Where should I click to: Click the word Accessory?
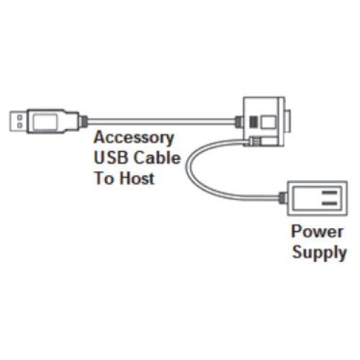[134, 137]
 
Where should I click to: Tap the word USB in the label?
[109, 157]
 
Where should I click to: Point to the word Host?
[136, 177]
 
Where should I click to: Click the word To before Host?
[105, 177]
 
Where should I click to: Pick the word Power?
[318, 233]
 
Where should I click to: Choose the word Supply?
[319, 253]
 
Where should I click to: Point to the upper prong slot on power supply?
[329, 192]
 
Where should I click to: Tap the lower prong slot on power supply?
[329, 204]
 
